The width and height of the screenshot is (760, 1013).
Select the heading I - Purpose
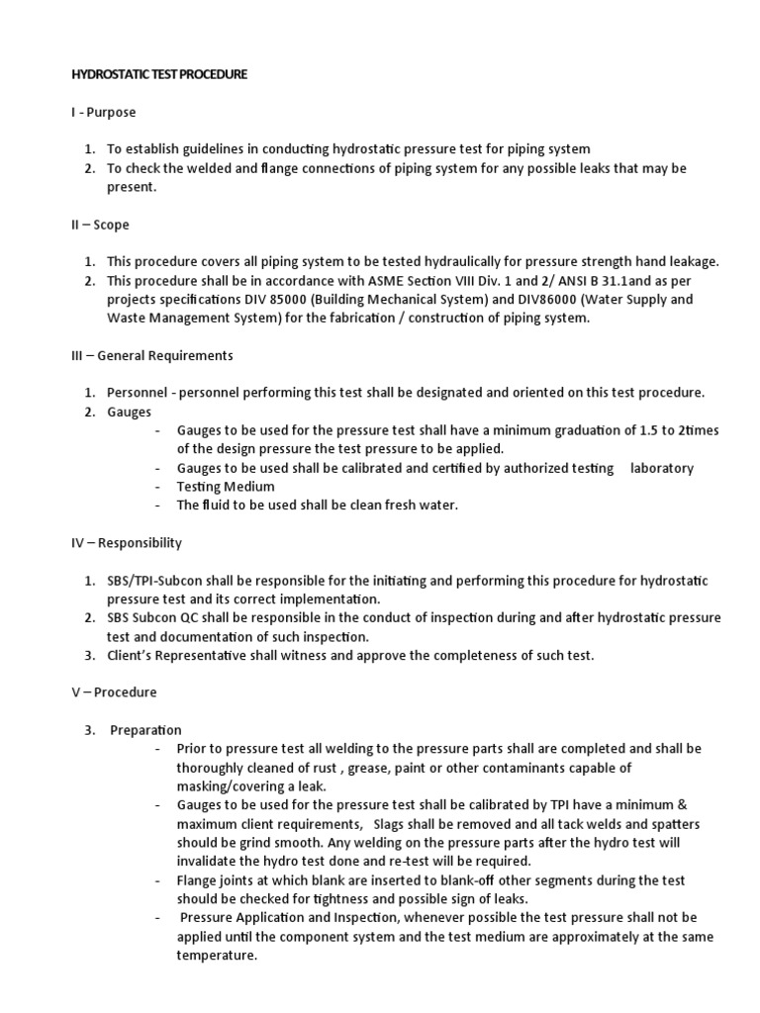coord(103,113)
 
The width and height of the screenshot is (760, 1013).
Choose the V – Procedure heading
coord(115,692)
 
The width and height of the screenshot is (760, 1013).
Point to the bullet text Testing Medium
coord(226,487)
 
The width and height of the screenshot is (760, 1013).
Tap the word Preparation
coord(146,730)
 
